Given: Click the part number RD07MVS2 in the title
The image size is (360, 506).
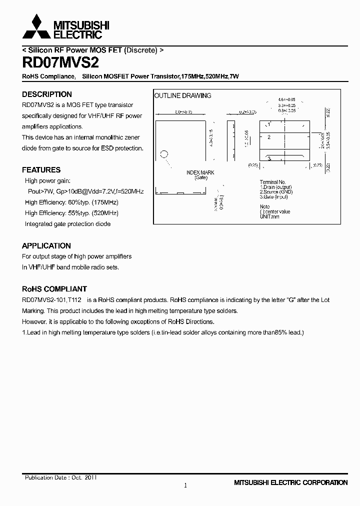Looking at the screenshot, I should pos(60,63).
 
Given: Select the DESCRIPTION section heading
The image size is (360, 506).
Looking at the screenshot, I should pos(47,94).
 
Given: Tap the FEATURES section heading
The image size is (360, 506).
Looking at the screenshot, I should pos(41,169).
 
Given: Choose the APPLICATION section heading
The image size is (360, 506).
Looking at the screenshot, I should pos(46,245).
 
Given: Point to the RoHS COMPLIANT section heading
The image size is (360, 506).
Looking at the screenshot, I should pos(54,289).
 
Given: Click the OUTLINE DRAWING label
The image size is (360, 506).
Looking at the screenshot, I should pos(182,95).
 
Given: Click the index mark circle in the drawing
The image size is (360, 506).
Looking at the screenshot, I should pos(163,154).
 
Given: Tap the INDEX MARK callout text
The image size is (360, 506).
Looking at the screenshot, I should pos(200,172).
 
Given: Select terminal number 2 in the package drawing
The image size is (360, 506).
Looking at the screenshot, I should pos(269,136).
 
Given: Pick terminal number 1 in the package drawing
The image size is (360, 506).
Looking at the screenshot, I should pos(269,124).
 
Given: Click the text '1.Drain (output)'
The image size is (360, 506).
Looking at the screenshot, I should pos(276,187).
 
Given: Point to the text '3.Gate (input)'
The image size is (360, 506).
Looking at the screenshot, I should pos(275,196).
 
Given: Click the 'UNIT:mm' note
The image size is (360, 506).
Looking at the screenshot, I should pos(269,216).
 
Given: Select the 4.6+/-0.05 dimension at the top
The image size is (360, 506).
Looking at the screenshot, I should pos(287,100).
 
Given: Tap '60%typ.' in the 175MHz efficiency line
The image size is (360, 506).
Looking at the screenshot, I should pos(78,202).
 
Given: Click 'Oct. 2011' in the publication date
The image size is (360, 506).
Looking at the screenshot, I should pos(84,477).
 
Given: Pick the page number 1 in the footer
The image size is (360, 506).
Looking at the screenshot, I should pos(185,485).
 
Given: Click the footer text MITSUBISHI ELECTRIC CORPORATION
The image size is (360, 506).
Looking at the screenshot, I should pos(290,482).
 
